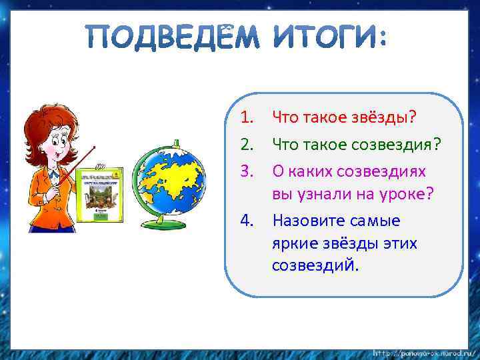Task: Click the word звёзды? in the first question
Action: (x=383, y=118)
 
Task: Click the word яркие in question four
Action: (x=293, y=243)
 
